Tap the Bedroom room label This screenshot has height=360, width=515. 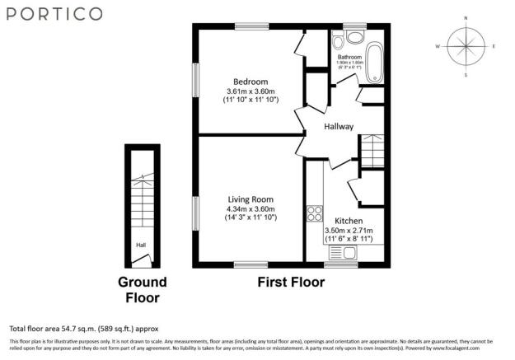[x=250, y=82]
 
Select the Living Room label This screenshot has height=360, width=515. [x=250, y=199]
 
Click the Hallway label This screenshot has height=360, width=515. [x=338, y=127]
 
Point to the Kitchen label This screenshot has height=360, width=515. [x=349, y=221]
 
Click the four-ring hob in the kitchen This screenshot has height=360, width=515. [x=314, y=213]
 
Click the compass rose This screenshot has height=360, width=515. [x=466, y=46]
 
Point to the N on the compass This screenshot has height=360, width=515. [x=466, y=17]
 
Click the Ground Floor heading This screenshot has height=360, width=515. [x=142, y=290]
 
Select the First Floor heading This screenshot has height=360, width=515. [x=291, y=283]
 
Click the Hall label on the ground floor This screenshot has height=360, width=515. [x=141, y=245]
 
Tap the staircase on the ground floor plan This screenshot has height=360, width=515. [x=142, y=198]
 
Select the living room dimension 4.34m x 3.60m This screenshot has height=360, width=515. [x=250, y=208]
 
